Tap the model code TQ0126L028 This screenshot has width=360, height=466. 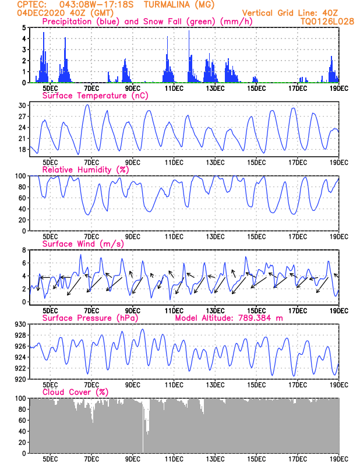327,22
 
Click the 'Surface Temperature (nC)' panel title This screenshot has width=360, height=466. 95,96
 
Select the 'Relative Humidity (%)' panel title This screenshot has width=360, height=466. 86,170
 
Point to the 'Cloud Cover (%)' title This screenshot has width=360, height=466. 75,392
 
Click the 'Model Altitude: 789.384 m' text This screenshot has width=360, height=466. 229,318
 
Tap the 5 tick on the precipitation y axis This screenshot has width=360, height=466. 24,27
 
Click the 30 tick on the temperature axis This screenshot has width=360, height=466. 22,105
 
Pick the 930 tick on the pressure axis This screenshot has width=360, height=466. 20,324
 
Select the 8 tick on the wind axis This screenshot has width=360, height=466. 24,250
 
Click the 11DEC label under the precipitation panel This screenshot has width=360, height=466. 174,89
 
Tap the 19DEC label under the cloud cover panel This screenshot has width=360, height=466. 339,459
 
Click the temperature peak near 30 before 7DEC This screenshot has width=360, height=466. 87,105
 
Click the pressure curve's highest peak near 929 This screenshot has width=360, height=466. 143,329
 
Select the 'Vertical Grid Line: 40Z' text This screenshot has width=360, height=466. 290,13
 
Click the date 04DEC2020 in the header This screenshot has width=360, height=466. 41,13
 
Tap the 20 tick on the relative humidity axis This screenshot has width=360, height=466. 22,220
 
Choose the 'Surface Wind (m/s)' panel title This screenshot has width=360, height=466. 83,243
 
